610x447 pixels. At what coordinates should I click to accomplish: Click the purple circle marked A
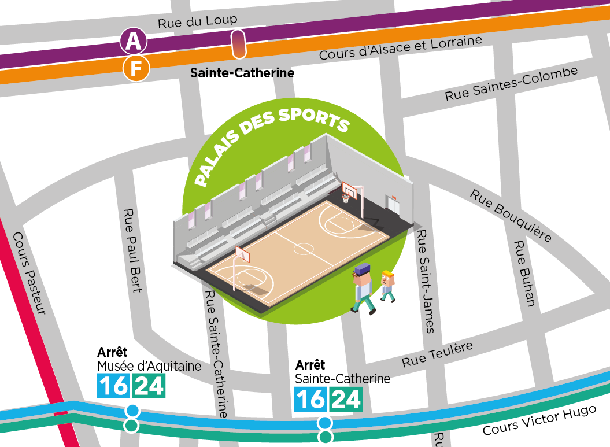click(133, 41)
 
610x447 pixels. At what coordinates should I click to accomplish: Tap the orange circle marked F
click(136, 69)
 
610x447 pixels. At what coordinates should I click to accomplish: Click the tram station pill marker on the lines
click(238, 45)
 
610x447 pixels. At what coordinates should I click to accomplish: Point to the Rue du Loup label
click(198, 21)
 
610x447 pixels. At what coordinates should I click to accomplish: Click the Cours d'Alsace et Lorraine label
click(400, 48)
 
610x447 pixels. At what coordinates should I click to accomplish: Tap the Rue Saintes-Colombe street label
click(511, 84)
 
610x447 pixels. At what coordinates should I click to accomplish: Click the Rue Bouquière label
click(511, 215)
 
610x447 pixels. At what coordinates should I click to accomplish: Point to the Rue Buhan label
click(525, 272)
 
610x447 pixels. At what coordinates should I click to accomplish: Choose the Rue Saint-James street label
click(426, 281)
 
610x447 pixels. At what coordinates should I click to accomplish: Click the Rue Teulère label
click(437, 354)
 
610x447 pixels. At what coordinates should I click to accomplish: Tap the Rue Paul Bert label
click(132, 250)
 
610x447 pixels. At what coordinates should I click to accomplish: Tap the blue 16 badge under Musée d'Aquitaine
click(114, 386)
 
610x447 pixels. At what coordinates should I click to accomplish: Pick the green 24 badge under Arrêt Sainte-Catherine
click(346, 399)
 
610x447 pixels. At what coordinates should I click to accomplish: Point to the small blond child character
click(388, 286)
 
